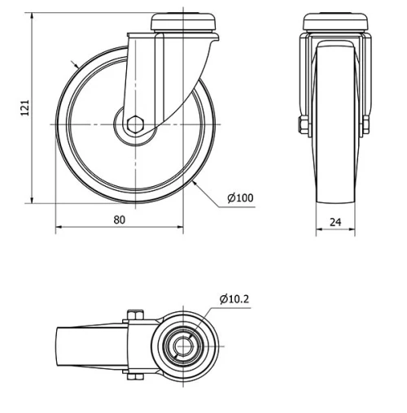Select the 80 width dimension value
point(119,219)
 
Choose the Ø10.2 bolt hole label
point(234,299)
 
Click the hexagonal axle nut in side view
point(134,124)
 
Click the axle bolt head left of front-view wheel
point(303,124)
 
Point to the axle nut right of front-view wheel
point(365,124)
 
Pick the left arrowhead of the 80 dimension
point(59,229)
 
